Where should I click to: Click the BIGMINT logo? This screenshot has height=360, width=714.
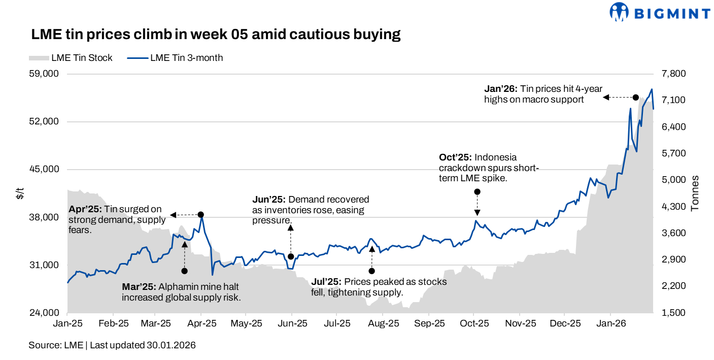pos(659,12)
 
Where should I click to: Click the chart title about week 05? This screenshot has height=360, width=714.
pos(216,35)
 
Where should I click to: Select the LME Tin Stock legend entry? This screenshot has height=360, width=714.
pos(71,58)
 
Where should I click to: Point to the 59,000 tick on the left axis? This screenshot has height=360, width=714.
pos(45,74)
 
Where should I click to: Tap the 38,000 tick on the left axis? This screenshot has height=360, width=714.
pos(45,217)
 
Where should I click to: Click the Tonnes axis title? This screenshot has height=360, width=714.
pos(695,193)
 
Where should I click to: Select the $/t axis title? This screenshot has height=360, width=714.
pos(20,193)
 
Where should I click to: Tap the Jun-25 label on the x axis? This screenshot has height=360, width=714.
pos(292,323)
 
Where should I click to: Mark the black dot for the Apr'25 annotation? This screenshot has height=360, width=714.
pos(200,215)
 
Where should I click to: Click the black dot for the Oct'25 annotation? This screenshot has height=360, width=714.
pos(477,191)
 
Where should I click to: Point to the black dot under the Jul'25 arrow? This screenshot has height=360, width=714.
pos(371,271)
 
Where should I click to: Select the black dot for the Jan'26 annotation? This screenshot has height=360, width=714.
pos(635,97)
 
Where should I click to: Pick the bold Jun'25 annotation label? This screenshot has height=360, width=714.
pos(269,199)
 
